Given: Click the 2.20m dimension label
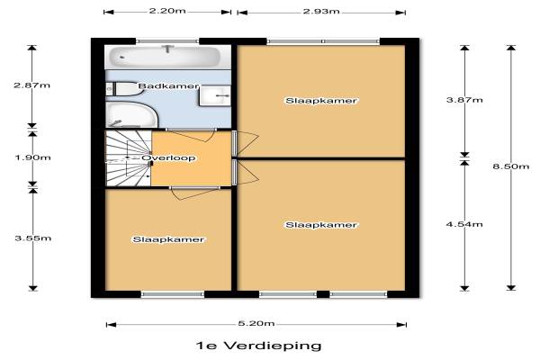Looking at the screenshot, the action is (x=167, y=11).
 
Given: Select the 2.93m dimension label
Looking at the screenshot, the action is (x=321, y=12).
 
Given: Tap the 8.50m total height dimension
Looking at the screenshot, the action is (x=510, y=166).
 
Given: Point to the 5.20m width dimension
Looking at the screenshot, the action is (x=256, y=323).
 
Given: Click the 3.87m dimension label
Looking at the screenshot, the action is (x=464, y=100).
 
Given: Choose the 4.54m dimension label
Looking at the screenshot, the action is (x=464, y=224).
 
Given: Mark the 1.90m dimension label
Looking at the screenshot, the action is (x=32, y=157).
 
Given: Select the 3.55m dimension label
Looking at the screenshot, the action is (x=33, y=238).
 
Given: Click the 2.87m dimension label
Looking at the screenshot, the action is (x=32, y=85).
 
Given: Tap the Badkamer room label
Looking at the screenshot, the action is (x=168, y=85).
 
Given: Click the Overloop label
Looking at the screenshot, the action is (x=169, y=158).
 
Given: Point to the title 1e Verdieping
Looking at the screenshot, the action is (x=258, y=346).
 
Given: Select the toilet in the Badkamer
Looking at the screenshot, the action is (x=122, y=89).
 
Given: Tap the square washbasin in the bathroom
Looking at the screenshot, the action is (x=214, y=95).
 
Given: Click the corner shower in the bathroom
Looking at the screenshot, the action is (x=131, y=114).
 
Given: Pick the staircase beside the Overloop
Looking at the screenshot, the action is (x=128, y=158).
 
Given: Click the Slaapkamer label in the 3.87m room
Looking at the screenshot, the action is (x=321, y=101).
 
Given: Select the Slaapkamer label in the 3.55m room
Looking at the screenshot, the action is (x=168, y=239).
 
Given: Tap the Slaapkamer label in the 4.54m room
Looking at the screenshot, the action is (x=321, y=225).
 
